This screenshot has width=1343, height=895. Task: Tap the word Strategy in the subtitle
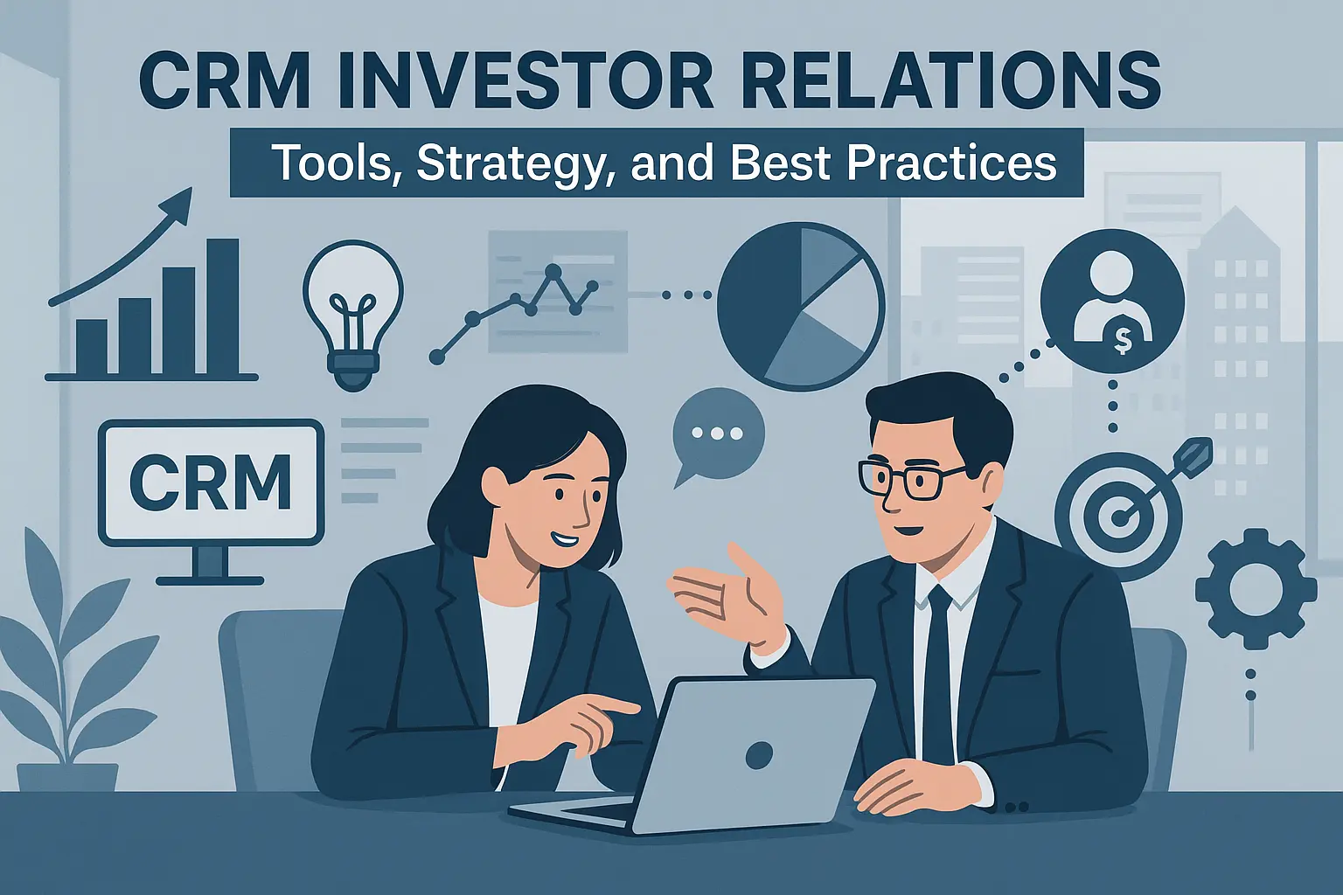click(x=510, y=163)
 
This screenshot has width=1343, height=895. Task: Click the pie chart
click(x=801, y=306)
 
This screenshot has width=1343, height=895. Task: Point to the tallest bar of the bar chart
click(x=223, y=306)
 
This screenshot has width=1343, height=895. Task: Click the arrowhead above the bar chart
click(x=179, y=203)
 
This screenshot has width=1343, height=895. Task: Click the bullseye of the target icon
click(x=1117, y=517)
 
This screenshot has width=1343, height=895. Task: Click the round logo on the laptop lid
click(x=758, y=753)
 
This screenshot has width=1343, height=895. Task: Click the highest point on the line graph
click(x=553, y=273)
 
